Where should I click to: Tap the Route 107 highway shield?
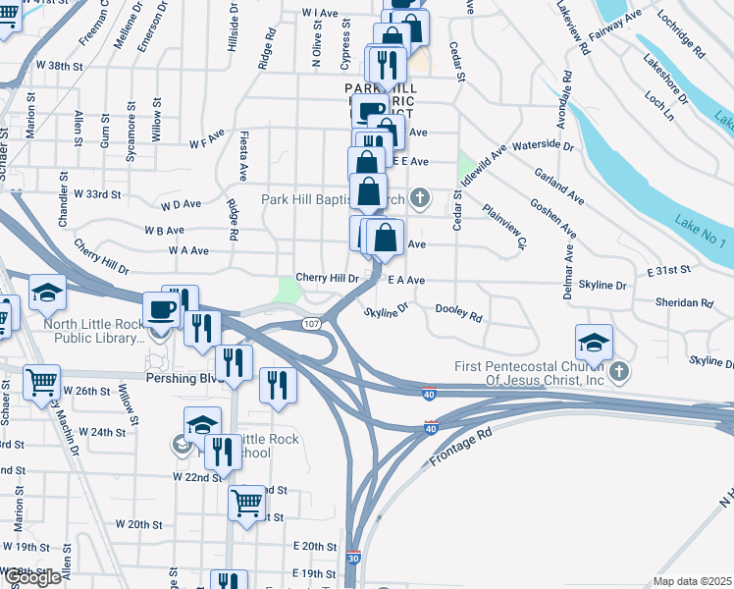click(311, 324)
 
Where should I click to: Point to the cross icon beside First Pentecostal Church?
click(618, 372)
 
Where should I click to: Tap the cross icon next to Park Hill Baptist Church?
click(420, 200)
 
